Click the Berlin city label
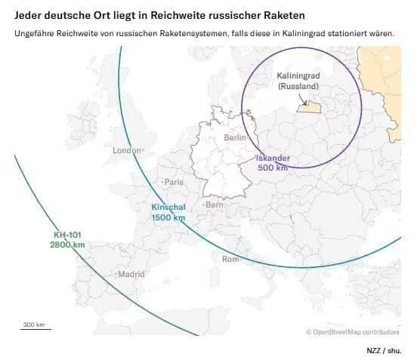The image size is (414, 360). (x=236, y=138)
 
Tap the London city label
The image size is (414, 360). (x=126, y=150)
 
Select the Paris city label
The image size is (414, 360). (x=174, y=182)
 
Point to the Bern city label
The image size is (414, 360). (x=215, y=205)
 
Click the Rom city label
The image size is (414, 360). (x=230, y=259)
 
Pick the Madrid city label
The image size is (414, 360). (x=131, y=275)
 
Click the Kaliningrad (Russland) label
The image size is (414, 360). (x=298, y=82)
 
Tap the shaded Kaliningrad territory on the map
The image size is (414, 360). (x=309, y=108)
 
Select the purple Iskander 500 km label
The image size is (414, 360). (x=273, y=162)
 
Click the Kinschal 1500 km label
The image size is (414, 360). (x=168, y=212)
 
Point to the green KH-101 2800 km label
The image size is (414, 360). (x=66, y=240)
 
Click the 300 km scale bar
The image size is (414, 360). (x=35, y=326)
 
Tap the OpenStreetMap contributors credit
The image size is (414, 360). (x=352, y=331)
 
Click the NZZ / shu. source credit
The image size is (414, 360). (x=384, y=351)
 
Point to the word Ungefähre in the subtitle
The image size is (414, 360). (x=36, y=33)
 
